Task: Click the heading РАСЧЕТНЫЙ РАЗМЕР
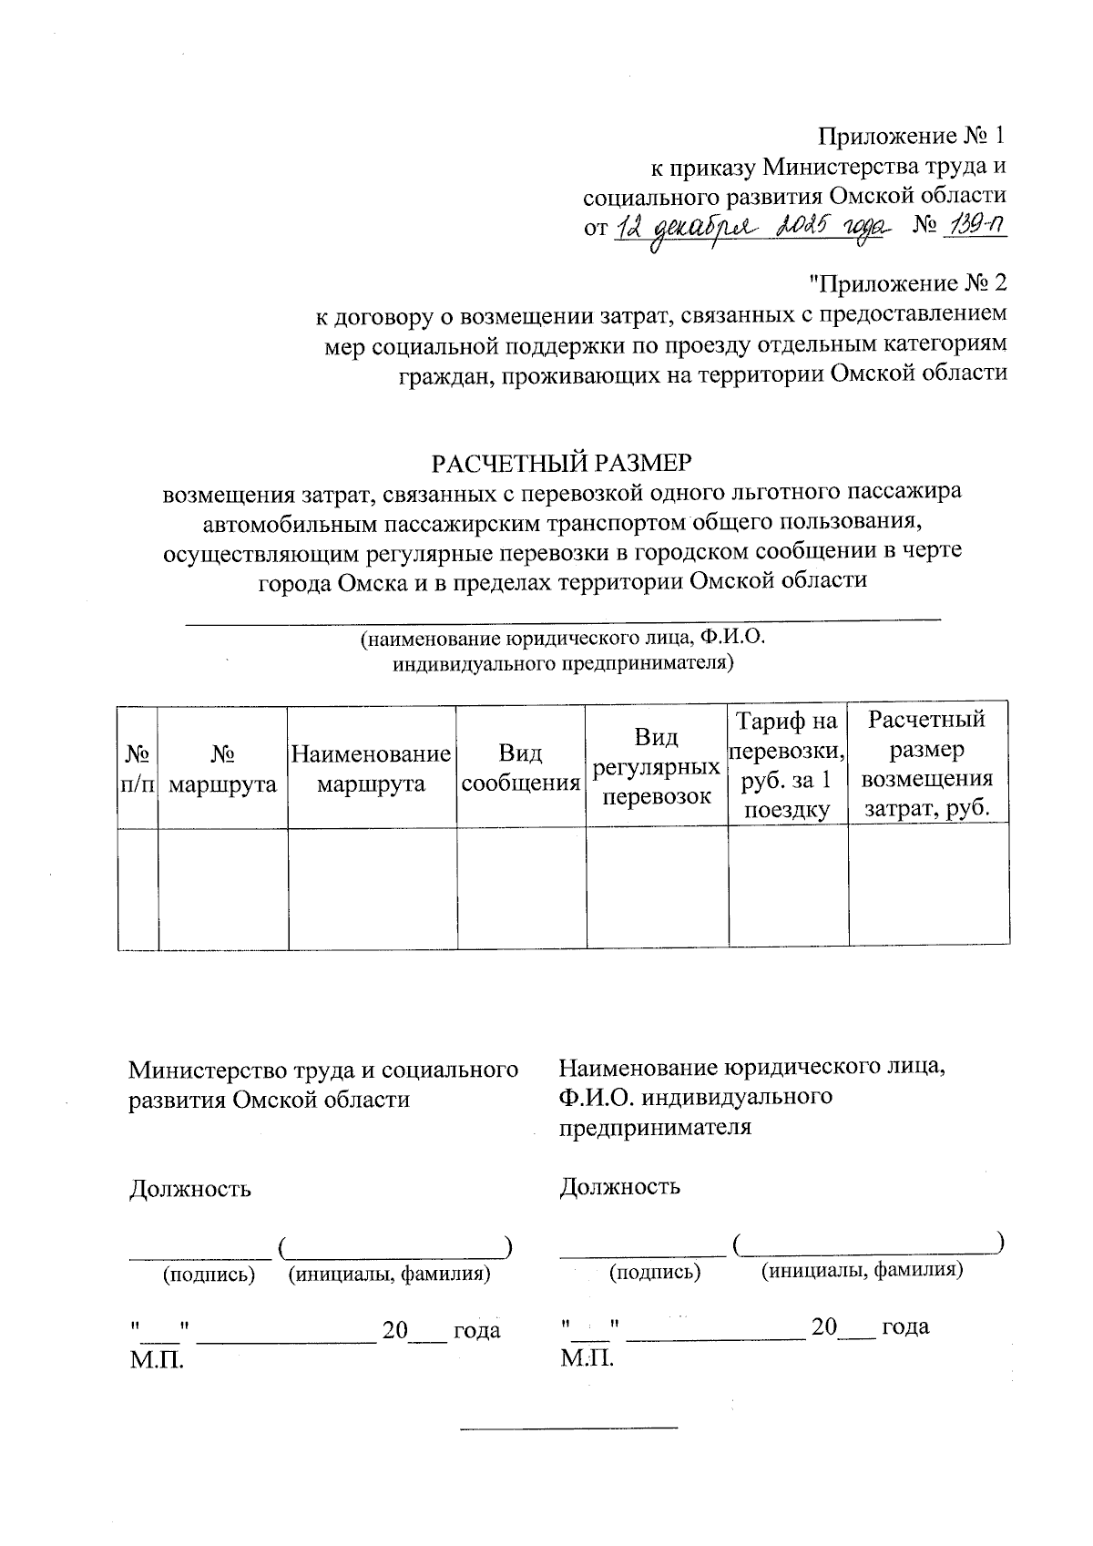(x=562, y=463)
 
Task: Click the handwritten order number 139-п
(x=973, y=226)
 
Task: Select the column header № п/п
(x=138, y=768)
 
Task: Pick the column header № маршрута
(x=223, y=768)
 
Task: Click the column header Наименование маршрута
(x=371, y=768)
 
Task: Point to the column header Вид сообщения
(x=520, y=768)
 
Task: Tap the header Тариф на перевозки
(x=787, y=766)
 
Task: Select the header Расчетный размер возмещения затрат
(x=927, y=764)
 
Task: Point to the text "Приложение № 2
(x=907, y=283)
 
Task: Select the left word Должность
(x=189, y=1189)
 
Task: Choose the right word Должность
(x=619, y=1186)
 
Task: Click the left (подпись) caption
(x=208, y=1275)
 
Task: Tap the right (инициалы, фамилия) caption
(x=862, y=1270)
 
